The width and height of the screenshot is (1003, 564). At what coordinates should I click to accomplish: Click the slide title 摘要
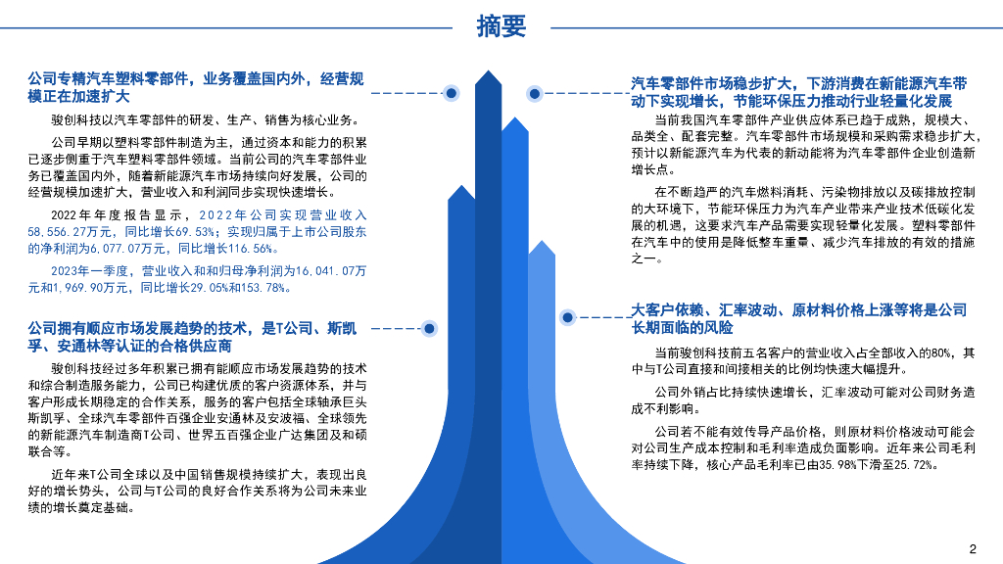[x=501, y=26]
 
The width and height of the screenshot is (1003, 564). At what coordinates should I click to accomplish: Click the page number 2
[x=973, y=548]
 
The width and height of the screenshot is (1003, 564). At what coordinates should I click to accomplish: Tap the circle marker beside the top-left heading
[x=452, y=93]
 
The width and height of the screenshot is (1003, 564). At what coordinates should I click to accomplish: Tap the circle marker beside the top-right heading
[x=534, y=94]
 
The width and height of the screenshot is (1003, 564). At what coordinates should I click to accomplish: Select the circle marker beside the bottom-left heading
[x=428, y=328]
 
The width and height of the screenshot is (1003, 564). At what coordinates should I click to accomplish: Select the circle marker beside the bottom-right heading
[x=567, y=317]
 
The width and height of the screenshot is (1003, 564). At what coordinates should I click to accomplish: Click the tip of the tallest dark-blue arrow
[x=488, y=72]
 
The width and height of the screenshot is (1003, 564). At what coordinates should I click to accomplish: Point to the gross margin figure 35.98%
[x=837, y=465]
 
